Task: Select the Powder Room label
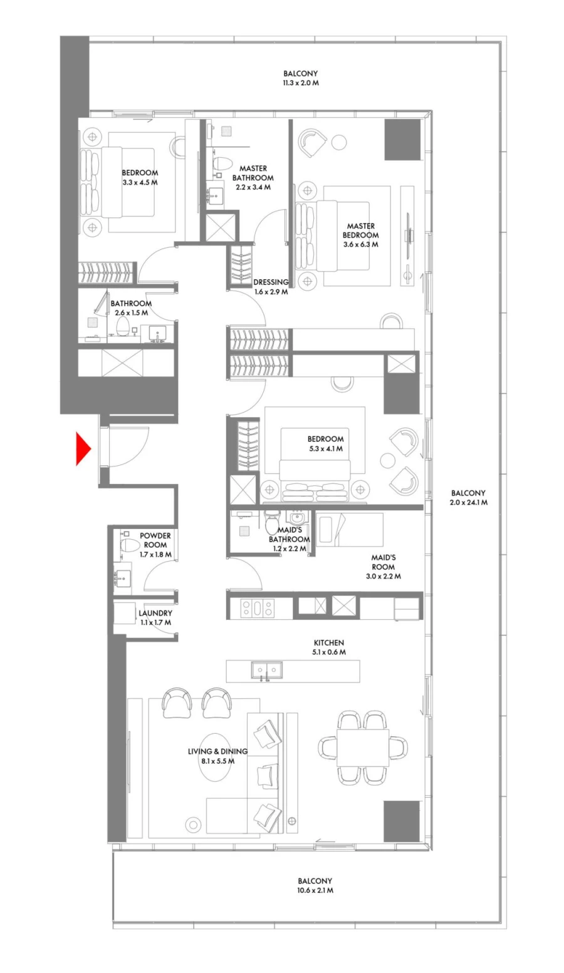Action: click(x=155, y=540)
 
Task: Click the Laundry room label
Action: click(x=155, y=613)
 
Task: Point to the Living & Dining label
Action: click(x=217, y=751)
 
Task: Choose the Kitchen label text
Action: click(x=329, y=642)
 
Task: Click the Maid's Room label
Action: click(x=384, y=562)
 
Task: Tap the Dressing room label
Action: click(x=271, y=282)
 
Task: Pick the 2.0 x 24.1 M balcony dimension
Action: click(x=468, y=502)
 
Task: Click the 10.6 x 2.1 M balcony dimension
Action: click(x=315, y=890)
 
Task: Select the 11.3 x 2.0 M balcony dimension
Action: click(x=301, y=83)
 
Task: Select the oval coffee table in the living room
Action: click(x=215, y=756)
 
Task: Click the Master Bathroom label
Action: click(x=253, y=177)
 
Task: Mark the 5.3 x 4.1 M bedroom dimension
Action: click(x=325, y=448)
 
